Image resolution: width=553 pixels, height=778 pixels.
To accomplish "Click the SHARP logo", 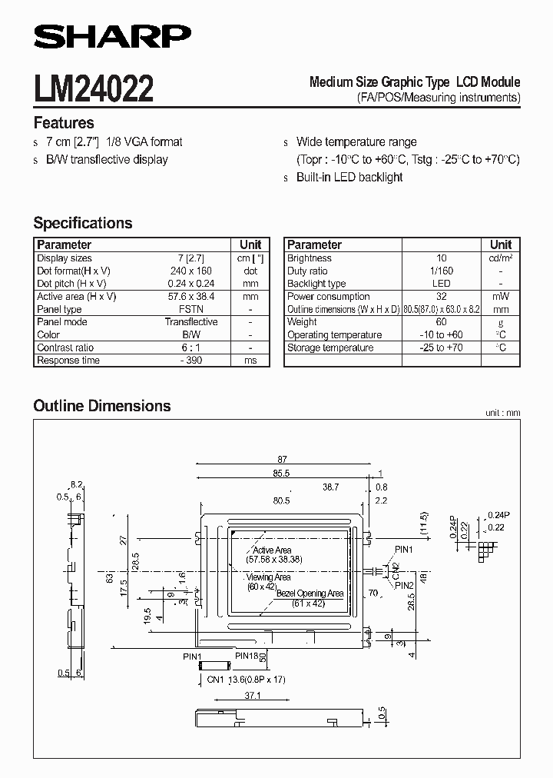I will (112, 35).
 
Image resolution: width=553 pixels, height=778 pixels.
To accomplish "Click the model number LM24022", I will (93, 88).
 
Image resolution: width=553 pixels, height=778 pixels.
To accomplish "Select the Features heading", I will (64, 123).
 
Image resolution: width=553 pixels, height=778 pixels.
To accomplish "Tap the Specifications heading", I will (83, 223).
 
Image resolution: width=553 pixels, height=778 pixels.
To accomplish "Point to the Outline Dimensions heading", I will (102, 405).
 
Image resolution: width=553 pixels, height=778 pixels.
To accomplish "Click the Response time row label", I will (68, 361).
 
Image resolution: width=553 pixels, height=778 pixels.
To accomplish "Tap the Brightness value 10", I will (442, 258).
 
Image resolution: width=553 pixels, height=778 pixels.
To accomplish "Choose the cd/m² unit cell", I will (501, 258).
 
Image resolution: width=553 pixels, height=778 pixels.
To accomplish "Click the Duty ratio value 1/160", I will (442, 271).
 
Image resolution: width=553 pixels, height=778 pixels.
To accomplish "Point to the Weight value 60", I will (442, 322).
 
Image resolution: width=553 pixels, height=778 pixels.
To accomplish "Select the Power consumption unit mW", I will (501, 296).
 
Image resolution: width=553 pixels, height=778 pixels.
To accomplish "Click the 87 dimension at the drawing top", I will (282, 458).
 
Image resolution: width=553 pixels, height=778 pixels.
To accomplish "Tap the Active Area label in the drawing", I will (272, 550).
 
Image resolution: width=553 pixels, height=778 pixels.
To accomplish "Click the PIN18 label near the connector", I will (247, 655).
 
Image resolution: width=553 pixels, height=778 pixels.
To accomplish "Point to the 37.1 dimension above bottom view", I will (231, 695).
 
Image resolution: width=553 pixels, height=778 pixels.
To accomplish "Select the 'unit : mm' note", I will (502, 413).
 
